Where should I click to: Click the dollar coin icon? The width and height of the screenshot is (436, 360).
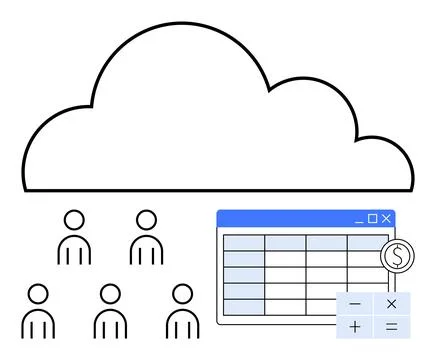(x=397, y=256)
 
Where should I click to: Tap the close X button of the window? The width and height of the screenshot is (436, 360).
(x=386, y=218)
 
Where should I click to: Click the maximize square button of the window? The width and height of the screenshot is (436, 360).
(x=373, y=218)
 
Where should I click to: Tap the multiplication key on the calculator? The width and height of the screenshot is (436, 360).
(x=391, y=304)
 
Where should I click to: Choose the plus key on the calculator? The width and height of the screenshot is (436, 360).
(x=355, y=326)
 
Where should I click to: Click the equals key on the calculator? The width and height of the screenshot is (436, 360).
(x=391, y=326)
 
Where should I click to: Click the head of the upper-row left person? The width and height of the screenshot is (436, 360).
(x=74, y=220)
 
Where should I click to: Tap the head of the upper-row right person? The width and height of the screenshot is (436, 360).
(x=146, y=220)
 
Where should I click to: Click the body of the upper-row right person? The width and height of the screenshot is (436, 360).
(x=146, y=250)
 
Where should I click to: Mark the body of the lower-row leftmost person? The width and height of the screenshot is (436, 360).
(x=38, y=324)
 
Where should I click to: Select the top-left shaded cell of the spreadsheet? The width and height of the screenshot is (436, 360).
(x=243, y=243)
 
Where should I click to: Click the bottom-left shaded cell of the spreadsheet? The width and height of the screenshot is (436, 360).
(x=243, y=306)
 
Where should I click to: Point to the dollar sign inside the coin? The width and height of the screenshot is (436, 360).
(x=397, y=256)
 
